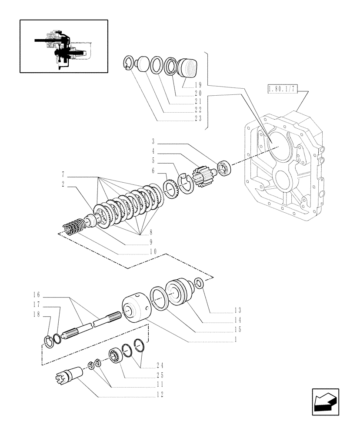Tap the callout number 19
198,86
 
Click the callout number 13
237,310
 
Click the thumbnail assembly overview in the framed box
64,46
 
